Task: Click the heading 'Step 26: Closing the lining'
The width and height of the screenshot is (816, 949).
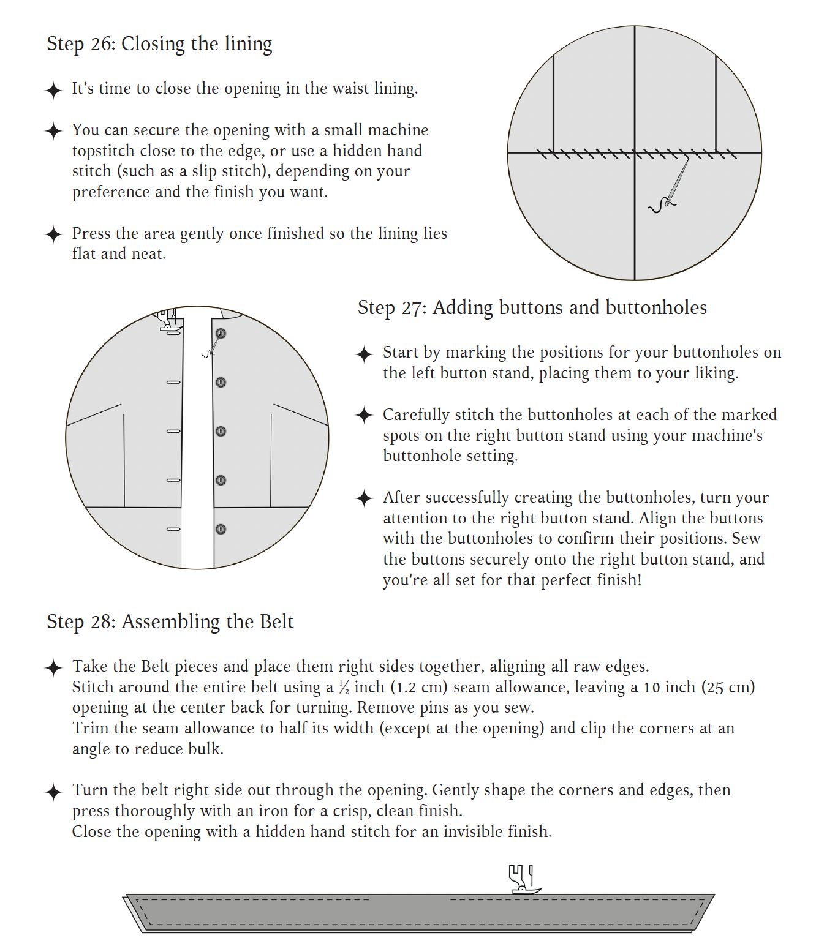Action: point(159,44)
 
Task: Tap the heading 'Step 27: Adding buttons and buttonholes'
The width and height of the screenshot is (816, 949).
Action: point(532,307)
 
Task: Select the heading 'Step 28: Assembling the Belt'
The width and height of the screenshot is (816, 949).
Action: point(170,621)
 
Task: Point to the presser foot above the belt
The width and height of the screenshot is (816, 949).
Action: point(523,879)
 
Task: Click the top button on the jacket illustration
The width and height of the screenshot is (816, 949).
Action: point(221,334)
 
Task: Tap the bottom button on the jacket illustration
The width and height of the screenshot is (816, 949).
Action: point(221,529)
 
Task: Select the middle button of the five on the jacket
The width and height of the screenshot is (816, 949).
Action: point(221,432)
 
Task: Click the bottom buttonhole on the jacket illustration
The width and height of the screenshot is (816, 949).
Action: point(173,529)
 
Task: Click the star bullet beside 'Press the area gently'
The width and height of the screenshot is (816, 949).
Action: point(54,234)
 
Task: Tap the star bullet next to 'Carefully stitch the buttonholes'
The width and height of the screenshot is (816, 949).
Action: point(365,415)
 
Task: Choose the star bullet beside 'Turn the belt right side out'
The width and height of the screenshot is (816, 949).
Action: point(54,792)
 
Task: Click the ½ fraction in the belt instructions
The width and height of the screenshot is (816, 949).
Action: point(344,688)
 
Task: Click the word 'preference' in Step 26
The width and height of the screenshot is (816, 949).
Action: point(111,192)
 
